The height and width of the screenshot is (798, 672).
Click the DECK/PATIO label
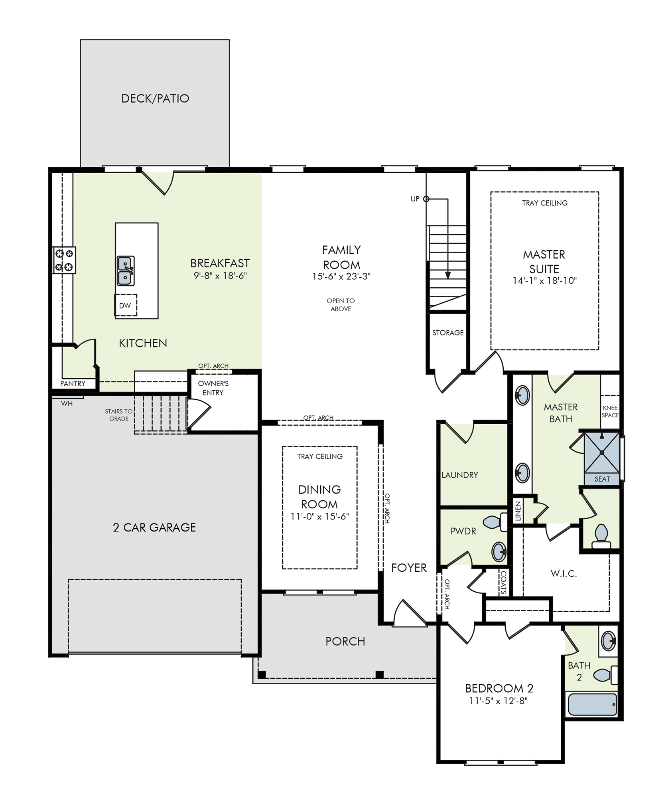(x=155, y=99)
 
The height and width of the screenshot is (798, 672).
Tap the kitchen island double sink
(x=125, y=271)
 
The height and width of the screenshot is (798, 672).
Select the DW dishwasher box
(x=126, y=305)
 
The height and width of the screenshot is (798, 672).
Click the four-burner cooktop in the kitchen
(x=64, y=260)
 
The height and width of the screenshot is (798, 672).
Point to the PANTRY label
(x=73, y=383)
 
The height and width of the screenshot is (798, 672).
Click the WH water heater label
(x=67, y=403)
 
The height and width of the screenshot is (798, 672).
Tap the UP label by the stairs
(x=415, y=199)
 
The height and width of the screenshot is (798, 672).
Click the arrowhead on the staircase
(x=448, y=275)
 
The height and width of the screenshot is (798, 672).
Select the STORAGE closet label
(x=448, y=332)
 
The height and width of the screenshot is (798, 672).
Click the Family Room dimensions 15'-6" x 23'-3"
(x=341, y=276)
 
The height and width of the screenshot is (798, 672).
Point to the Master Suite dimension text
(x=545, y=280)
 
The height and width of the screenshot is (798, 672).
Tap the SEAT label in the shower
(x=602, y=479)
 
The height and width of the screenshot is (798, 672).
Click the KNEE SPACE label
(x=610, y=411)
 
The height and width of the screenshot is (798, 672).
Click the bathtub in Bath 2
(x=592, y=704)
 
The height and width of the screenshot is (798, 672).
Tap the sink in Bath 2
(x=609, y=641)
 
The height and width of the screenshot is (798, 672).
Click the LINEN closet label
(x=518, y=511)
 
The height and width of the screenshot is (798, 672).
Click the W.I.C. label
(x=564, y=573)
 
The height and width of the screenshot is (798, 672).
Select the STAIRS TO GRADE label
(x=119, y=415)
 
